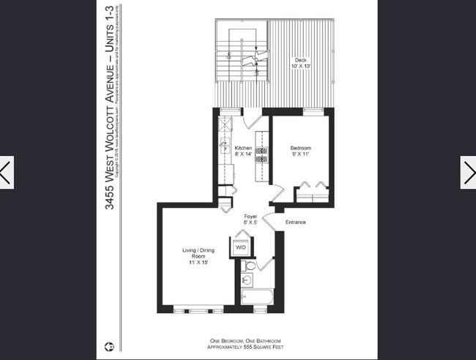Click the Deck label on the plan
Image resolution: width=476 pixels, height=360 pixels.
(x=300, y=63)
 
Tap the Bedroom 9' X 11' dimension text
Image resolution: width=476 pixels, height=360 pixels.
(x=301, y=154)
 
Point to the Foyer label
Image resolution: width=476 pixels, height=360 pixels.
(x=251, y=217)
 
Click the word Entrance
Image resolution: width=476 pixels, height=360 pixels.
(x=295, y=222)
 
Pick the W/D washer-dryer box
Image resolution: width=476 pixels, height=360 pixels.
(x=240, y=247)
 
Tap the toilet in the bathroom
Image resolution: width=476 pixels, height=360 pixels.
(x=250, y=266)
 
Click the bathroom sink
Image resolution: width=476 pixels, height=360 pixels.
(x=247, y=280)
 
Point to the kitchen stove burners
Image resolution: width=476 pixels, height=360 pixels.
(x=260, y=150)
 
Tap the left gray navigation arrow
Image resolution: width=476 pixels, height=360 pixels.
(x=7, y=173)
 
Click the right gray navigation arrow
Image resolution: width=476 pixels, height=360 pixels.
(x=469, y=173)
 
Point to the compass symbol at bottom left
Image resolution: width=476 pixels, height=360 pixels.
(x=108, y=344)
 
